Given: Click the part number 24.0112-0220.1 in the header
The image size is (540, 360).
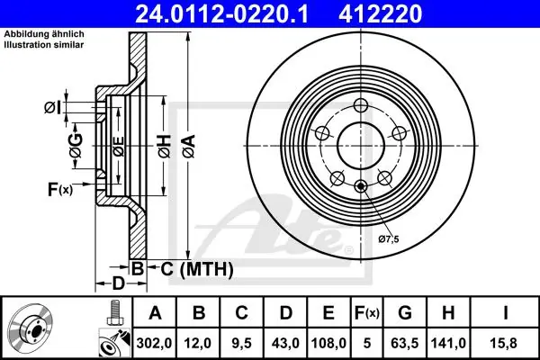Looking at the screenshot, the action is tap(221, 13).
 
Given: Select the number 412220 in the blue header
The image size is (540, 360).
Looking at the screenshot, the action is tap(380, 13).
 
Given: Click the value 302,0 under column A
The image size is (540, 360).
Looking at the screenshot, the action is tap(154, 343).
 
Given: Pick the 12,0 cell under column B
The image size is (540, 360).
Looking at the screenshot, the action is tap(198, 343).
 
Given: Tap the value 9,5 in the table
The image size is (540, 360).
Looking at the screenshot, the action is tap(241, 343).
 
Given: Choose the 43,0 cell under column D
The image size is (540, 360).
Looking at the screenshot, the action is tap(285, 343).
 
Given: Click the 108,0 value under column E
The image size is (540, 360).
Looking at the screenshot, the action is tap(328, 343).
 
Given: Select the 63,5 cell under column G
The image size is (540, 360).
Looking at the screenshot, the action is tap(405, 343).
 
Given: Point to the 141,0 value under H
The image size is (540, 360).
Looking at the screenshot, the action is tap(448, 343).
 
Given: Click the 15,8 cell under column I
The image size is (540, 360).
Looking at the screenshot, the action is tap(506, 343).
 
